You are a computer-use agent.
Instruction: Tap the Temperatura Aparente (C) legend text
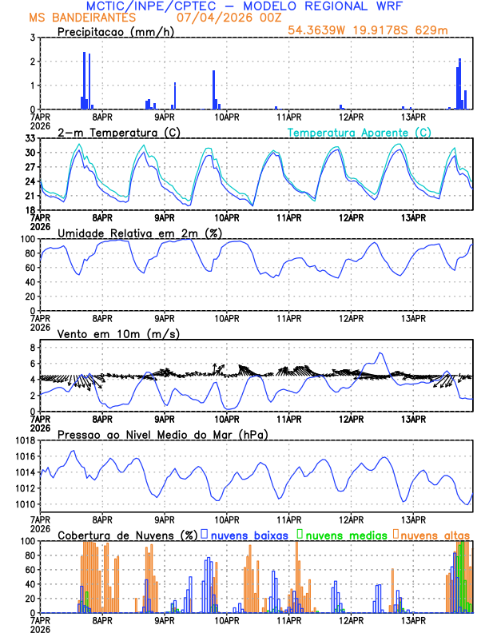360,132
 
